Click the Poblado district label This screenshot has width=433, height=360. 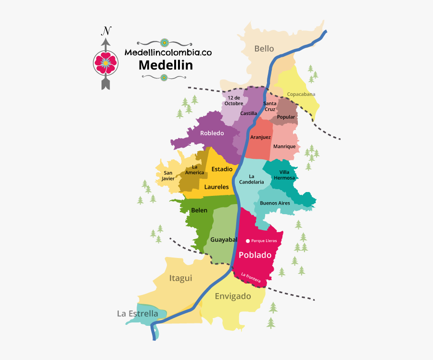coord(255,255)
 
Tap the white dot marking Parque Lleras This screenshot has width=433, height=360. coord(248,241)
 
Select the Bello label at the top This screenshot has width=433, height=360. coord(264,49)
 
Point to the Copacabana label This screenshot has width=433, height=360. coord(301,94)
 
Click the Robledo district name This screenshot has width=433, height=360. coord(212,133)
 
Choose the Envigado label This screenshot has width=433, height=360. coord(233,296)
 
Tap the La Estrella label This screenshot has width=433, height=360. coord(138,314)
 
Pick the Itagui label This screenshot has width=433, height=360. coord(180,278)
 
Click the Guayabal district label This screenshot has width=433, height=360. coord(224,239)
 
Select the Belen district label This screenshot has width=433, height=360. coord(199,210)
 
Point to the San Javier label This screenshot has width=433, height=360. coord(168,176)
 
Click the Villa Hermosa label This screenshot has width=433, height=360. coord(284,175)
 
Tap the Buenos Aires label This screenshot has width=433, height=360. coord(275,203)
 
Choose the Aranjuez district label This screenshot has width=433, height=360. coord(260,137)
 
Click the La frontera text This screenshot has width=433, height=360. coord(251,278)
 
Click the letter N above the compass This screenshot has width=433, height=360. coord(106,32)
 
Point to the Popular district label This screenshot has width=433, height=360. coord(286,117)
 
